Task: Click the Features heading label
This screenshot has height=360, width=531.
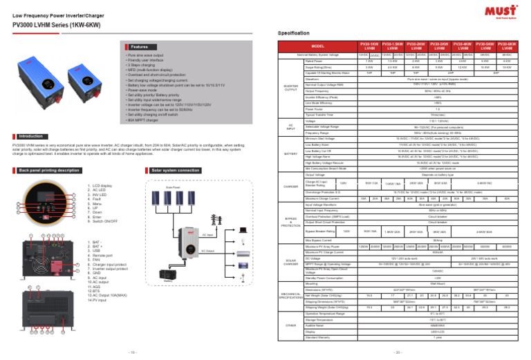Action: (139, 47)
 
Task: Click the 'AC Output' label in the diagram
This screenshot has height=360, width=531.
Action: (207, 251)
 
